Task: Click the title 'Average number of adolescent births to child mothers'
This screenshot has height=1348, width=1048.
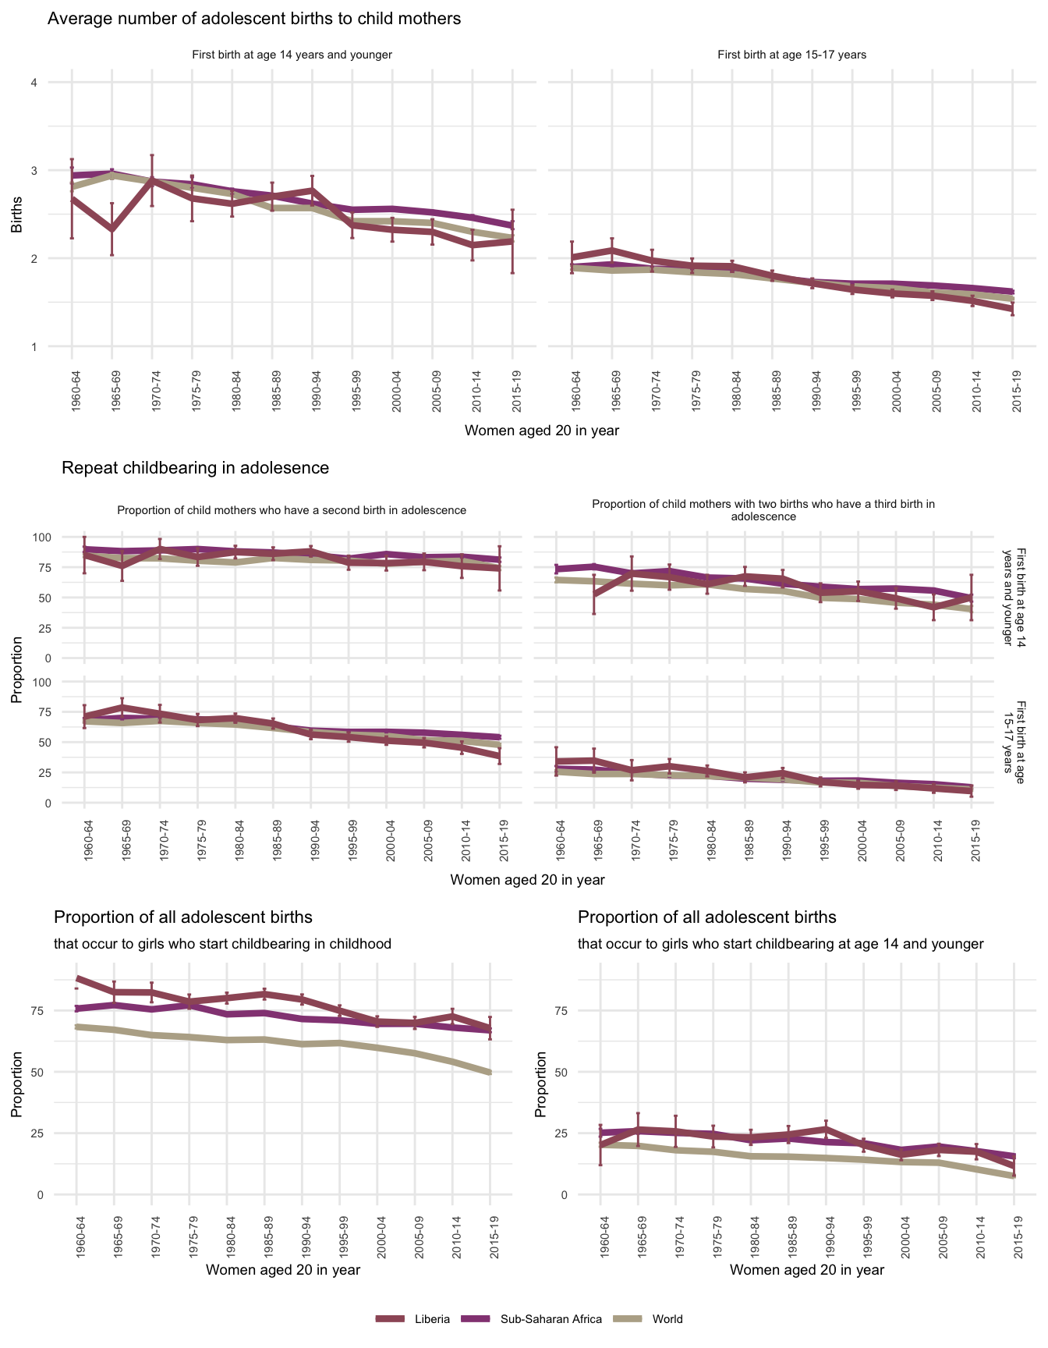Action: click(x=254, y=19)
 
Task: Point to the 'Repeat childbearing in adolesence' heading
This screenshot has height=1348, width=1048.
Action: click(x=195, y=468)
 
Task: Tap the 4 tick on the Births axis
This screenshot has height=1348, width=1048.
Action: click(x=34, y=83)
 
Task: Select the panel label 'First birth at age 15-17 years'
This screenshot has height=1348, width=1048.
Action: click(x=791, y=55)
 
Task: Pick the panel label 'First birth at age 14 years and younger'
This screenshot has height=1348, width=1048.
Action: click(x=292, y=55)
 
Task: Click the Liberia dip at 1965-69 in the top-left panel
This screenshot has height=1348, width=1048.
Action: click(x=112, y=229)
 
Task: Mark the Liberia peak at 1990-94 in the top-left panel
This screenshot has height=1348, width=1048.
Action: click(x=312, y=190)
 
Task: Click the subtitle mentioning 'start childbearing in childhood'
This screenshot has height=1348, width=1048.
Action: click(x=222, y=944)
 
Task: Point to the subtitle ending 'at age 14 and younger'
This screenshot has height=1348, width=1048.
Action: click(x=781, y=944)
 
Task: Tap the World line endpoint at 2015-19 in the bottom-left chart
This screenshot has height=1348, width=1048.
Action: click(x=490, y=1073)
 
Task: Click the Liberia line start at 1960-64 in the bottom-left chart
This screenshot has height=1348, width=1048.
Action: click(x=77, y=978)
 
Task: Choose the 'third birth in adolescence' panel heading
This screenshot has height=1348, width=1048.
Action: click(x=763, y=510)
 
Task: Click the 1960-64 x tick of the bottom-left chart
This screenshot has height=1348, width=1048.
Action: click(x=77, y=1234)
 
